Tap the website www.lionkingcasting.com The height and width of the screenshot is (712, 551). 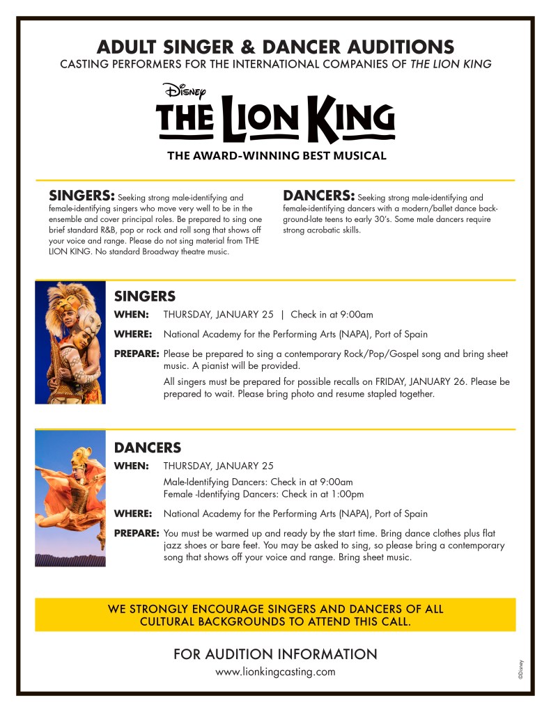[275, 672]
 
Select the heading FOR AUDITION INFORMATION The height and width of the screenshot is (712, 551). [275, 654]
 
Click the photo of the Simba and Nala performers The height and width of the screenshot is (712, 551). [70, 342]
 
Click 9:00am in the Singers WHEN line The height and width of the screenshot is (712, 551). [356, 314]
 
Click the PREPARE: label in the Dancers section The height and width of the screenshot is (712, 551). [137, 533]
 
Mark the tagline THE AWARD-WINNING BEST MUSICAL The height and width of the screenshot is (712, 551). [276, 156]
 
